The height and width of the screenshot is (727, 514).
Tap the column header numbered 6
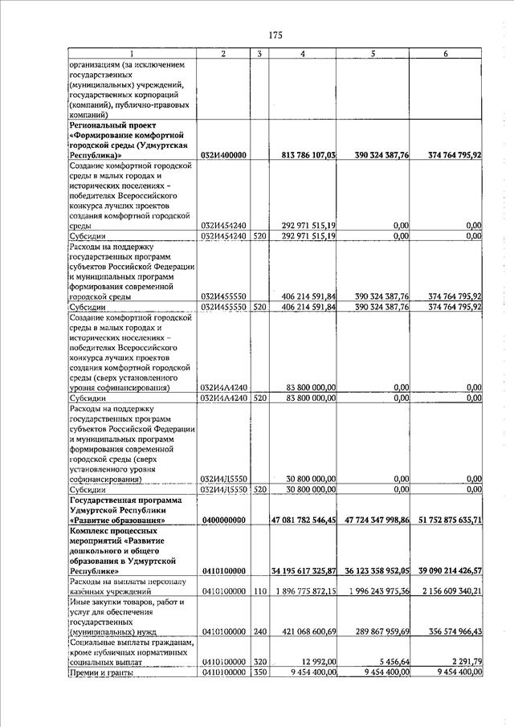446,54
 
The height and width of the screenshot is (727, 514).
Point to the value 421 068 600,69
307,632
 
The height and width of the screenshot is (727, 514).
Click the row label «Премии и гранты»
101,674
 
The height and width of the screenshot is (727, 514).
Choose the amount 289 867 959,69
377,632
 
